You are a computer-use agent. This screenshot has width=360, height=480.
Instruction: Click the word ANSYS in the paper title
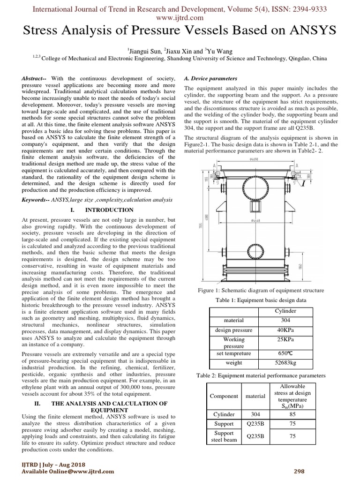(309, 31)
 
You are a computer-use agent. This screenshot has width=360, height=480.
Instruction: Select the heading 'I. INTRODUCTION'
(102, 210)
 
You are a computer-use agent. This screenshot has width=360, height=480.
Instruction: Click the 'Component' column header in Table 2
(224, 396)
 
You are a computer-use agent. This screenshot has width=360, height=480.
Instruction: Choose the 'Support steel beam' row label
(224, 436)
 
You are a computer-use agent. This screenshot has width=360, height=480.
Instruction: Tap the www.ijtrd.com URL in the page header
(180, 18)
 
